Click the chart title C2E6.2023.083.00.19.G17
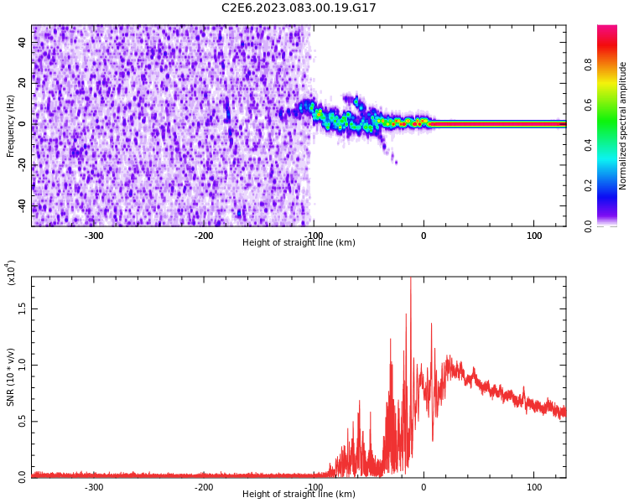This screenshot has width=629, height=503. tap(299, 8)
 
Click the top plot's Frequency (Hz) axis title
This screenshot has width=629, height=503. tap(11, 126)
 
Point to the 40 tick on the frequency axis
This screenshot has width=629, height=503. tap(23, 43)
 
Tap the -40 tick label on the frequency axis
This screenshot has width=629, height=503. tap(21, 205)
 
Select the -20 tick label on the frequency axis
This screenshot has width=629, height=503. tap(21, 165)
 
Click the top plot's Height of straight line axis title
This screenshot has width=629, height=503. tap(299, 243)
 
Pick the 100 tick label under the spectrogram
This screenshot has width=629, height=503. tap(534, 236)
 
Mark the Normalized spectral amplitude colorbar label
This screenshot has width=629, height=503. tap(623, 126)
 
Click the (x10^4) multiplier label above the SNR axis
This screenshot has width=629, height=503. tap(11, 273)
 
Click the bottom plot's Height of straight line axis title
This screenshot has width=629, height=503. tap(299, 495)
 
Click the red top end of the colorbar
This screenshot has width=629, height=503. tap(606, 29)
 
